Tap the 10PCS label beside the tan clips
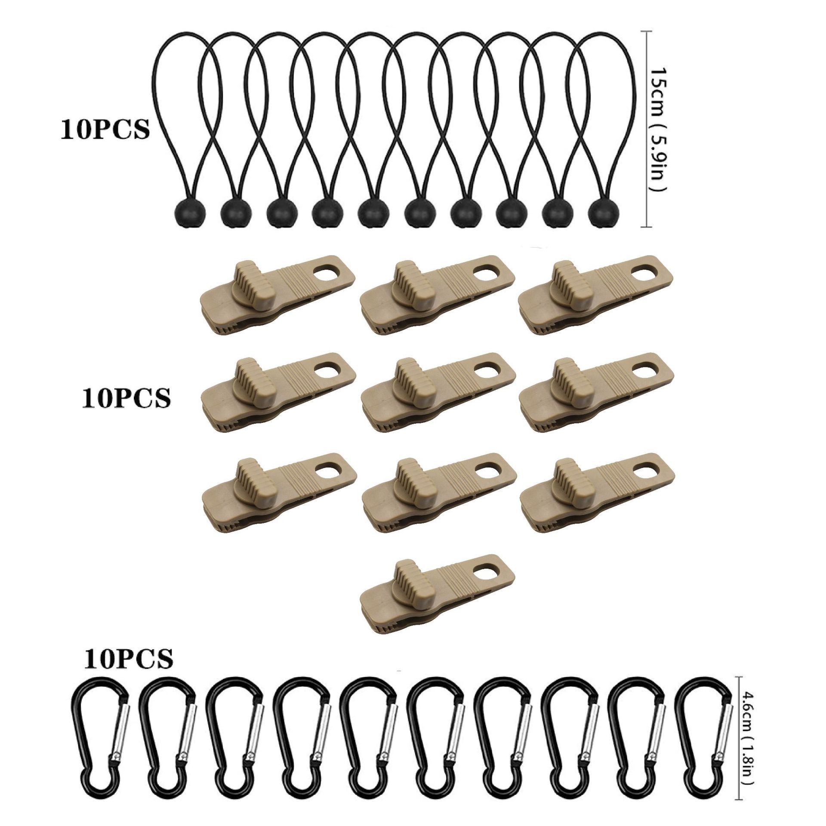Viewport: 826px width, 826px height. pos(126,397)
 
